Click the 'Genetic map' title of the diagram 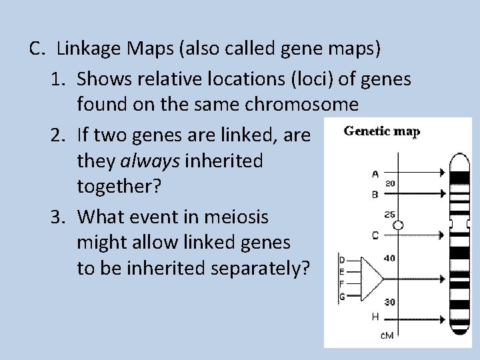pos(381,131)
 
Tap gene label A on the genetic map pos(376,173)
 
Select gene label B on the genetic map pos(375,194)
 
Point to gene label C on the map pos(375,235)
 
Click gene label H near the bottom pos(375,316)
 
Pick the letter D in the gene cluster pos(342,260)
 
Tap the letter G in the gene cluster pos(342,297)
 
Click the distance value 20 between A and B pos(390,183)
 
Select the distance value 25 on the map pos(389,215)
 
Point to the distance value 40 pos(389,257)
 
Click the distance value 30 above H pos(389,302)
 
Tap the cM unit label pos(387,335)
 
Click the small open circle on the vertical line pos(398,225)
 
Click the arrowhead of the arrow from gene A pos(441,173)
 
